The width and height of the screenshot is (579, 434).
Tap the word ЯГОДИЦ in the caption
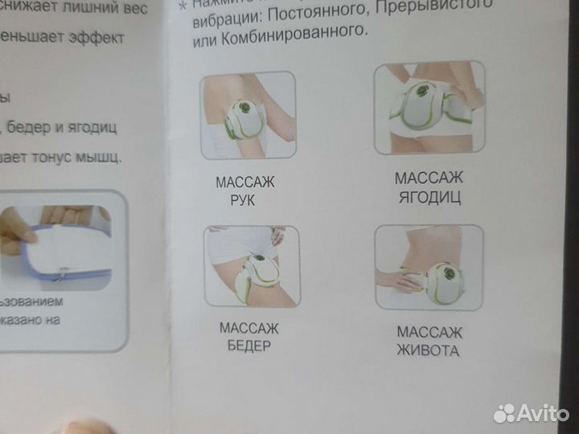(428, 198)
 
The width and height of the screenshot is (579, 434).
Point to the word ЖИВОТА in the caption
(429, 350)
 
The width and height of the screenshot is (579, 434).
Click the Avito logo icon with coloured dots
(504, 413)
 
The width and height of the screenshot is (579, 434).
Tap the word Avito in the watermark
(544, 413)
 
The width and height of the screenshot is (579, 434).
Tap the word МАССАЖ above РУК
(245, 182)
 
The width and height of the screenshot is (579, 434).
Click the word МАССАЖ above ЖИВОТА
(429, 332)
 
